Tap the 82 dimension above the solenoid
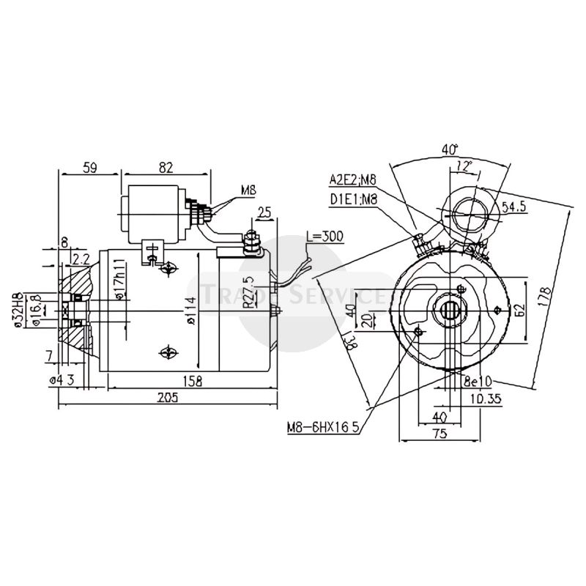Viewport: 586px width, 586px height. point(166,168)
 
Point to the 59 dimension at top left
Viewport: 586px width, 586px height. point(90,168)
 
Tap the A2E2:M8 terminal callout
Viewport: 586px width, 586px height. point(353,178)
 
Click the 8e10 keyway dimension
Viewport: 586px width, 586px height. point(478,382)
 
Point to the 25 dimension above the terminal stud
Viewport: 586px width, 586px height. point(264,212)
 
